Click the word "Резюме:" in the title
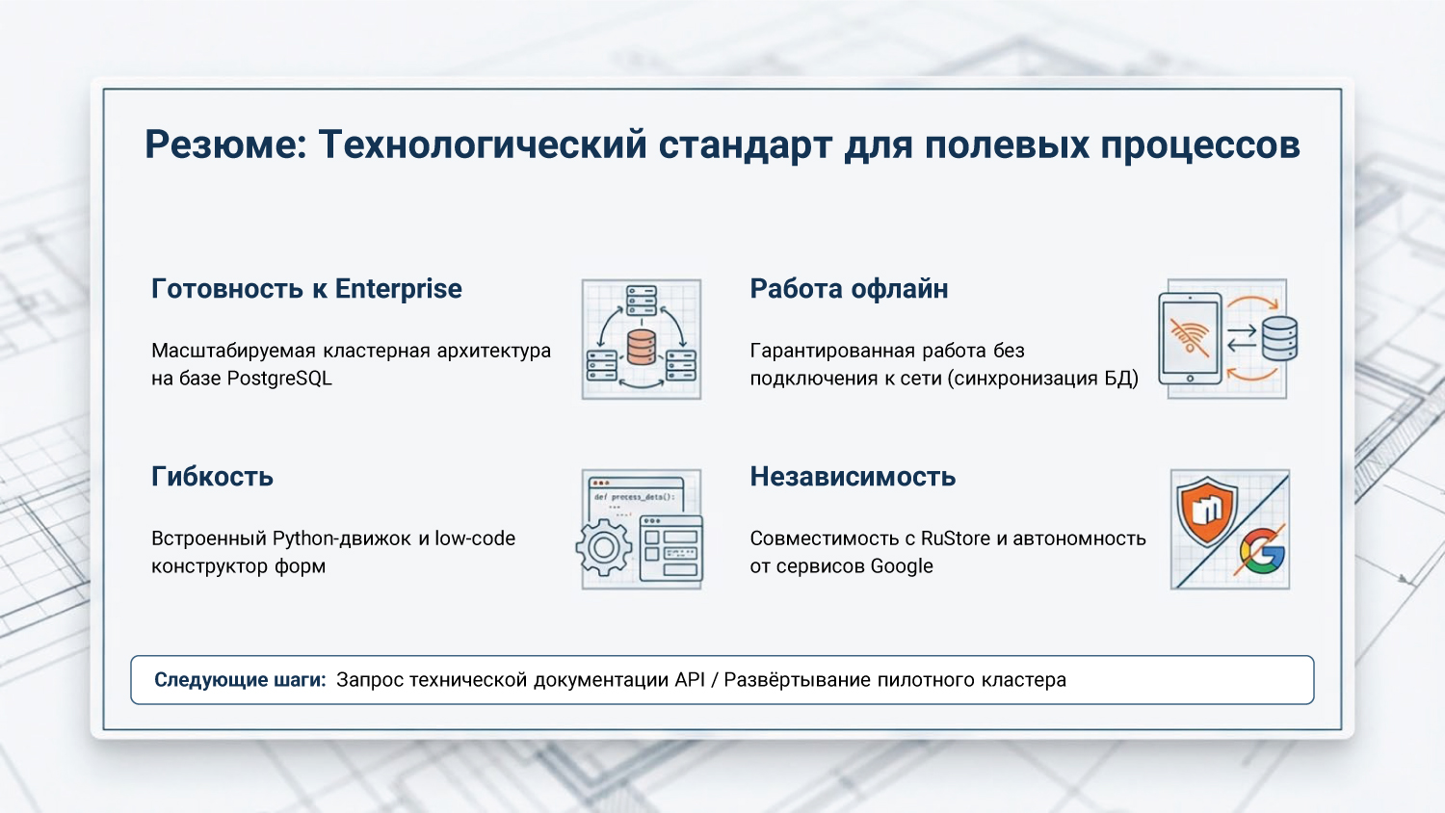pos(225,145)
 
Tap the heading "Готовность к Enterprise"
pos(306,289)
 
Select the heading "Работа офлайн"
pos(849,289)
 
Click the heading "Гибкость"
pos(212,477)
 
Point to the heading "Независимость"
pos(853,477)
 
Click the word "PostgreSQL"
pos(279,379)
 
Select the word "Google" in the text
pos(901,566)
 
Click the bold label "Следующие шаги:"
pos(240,680)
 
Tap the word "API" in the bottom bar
pos(690,680)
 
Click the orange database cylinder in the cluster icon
pos(642,347)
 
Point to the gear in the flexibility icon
pos(604,548)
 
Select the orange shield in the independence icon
pos(1207,510)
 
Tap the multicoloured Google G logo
pos(1263,552)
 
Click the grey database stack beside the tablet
pos(1279,338)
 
